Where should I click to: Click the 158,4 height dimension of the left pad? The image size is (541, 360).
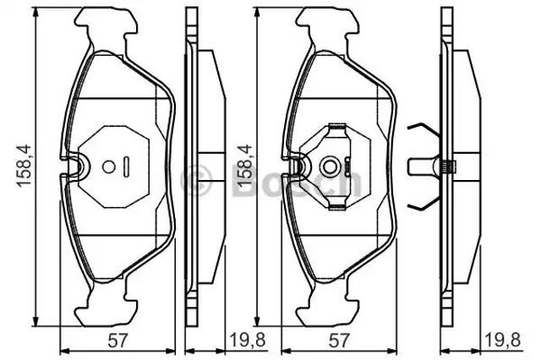point(25,166)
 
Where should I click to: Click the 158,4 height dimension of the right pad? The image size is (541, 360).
point(246,166)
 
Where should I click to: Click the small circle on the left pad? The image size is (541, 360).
point(109,166)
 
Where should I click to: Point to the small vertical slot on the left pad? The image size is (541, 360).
point(126,166)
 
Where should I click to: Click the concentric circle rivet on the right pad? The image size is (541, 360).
point(330,166)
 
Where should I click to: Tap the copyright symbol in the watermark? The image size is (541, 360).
point(196,178)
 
